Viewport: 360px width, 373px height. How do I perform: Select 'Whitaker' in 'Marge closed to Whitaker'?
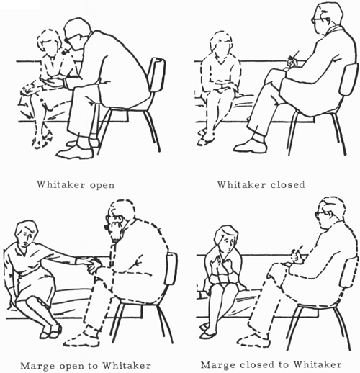coord(318,364)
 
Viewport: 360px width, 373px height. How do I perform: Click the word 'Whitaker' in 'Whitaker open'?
coord(61,184)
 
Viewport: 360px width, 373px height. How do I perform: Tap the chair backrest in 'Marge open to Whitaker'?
coord(171,269)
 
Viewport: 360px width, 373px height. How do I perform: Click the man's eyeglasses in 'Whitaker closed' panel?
coord(316,19)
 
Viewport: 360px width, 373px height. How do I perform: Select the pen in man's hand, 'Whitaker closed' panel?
coord(294,55)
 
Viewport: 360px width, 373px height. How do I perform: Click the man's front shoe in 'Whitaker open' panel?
coord(75,152)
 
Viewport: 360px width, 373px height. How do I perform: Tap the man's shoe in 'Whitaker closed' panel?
coord(250,147)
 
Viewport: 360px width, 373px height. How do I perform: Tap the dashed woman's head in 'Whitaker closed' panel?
coord(221,45)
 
